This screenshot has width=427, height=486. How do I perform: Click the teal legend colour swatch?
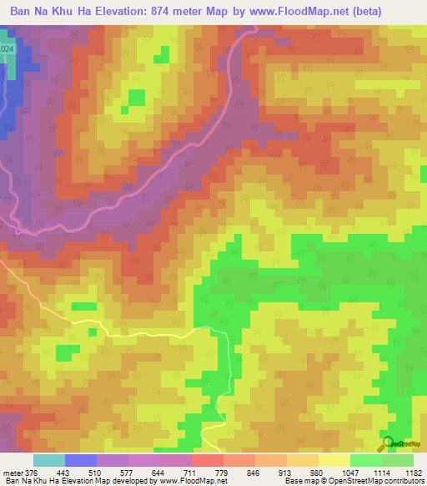49,460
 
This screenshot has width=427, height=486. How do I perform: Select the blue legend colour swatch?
81,460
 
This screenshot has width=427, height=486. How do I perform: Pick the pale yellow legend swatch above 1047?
334,460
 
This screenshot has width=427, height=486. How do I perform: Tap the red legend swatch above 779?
208,460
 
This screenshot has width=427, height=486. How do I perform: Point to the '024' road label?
7,51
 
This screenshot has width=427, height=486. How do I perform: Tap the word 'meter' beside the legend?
12,473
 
